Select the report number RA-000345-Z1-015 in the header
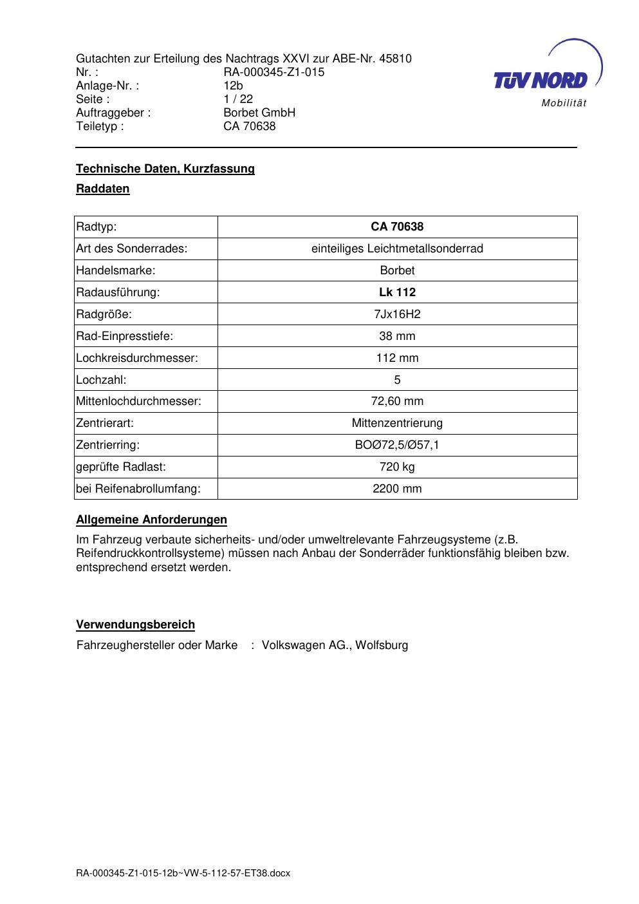click(x=273, y=72)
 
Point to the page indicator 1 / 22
click(x=238, y=99)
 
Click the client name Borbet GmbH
click(x=259, y=113)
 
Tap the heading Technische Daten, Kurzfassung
click(x=165, y=169)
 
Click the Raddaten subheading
click(x=103, y=189)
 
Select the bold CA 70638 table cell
click(x=397, y=227)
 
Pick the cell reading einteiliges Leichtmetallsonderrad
click(x=397, y=249)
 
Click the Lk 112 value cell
click(x=397, y=292)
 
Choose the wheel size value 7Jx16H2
click(x=397, y=314)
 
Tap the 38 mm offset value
click(x=397, y=336)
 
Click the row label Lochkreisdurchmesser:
click(x=137, y=358)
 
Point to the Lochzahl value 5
click(x=397, y=380)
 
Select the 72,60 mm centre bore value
click(x=397, y=401)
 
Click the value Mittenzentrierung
click(x=397, y=423)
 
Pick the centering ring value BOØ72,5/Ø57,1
click(x=397, y=445)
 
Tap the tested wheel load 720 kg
click(x=397, y=467)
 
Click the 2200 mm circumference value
click(x=397, y=489)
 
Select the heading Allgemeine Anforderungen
click(x=151, y=520)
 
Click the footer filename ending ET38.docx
click(x=183, y=873)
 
